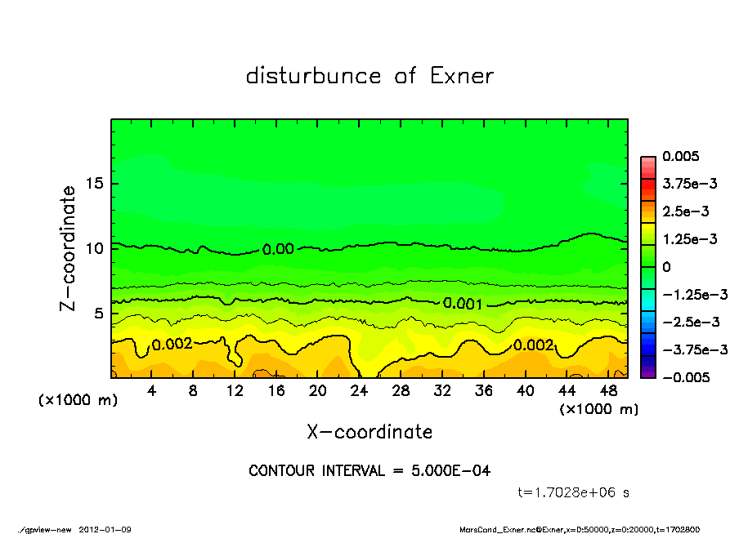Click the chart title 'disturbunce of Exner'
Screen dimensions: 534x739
pyautogui.click(x=369, y=76)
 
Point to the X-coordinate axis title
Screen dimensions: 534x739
pyautogui.click(x=369, y=431)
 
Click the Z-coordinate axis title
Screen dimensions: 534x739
pyautogui.click(x=69, y=248)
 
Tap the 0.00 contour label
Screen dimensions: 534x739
pyautogui.click(x=278, y=249)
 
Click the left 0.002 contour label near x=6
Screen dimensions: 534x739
pyautogui.click(x=172, y=344)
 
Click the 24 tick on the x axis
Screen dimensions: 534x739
pyautogui.click(x=360, y=390)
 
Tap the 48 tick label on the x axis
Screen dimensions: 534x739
pyautogui.click(x=608, y=390)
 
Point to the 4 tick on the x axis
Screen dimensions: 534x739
pyautogui.click(x=152, y=390)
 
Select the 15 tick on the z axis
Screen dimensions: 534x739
pyautogui.click(x=95, y=184)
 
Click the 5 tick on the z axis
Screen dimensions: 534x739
pyautogui.click(x=99, y=314)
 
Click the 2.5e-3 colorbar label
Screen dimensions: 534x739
pyautogui.click(x=685, y=211)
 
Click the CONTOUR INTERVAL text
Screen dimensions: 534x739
pyautogui.click(x=369, y=470)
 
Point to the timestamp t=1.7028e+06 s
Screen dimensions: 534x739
pyautogui.click(x=574, y=492)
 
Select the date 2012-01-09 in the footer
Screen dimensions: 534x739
pyautogui.click(x=105, y=529)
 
